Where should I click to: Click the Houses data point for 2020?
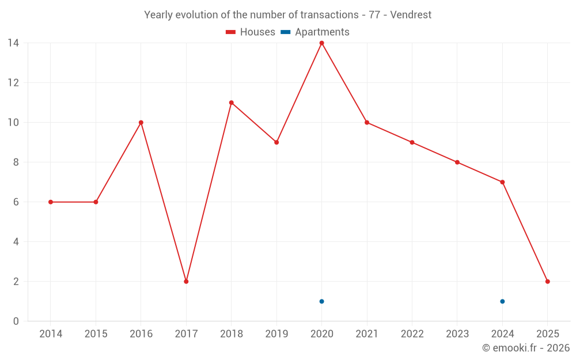click(321, 43)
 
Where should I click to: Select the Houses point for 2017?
click(186, 282)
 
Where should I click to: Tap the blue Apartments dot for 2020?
click(321, 301)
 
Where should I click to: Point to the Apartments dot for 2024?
click(502, 301)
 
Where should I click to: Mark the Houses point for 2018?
click(231, 103)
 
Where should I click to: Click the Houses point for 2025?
click(547, 282)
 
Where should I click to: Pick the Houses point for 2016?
click(141, 123)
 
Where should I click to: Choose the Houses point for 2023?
click(457, 162)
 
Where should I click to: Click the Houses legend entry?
click(251, 32)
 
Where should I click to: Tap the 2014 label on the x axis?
click(51, 334)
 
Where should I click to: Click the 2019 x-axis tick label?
click(276, 334)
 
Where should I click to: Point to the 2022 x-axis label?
click(412, 334)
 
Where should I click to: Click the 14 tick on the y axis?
click(13, 43)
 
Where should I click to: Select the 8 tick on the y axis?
click(16, 162)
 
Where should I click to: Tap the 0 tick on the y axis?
click(16, 321)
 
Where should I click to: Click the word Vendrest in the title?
click(411, 15)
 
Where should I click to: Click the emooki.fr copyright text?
click(526, 348)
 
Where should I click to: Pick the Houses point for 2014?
click(51, 202)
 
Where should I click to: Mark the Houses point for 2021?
click(367, 123)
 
